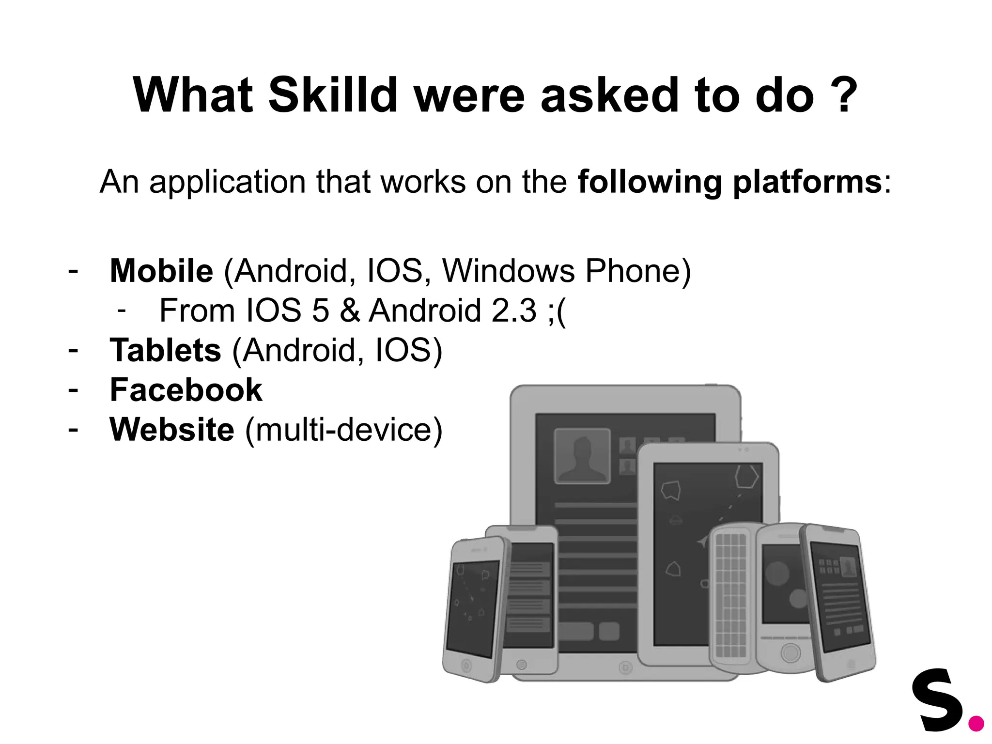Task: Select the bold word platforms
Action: coord(807,182)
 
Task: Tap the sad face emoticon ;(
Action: coord(557,311)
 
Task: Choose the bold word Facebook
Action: coord(186,390)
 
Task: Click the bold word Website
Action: coord(172,430)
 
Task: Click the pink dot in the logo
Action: coord(976,724)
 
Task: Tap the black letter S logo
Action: coord(938,700)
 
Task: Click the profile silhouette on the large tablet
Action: coord(582,456)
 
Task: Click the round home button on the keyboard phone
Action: coord(790,652)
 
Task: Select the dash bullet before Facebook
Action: coord(73,390)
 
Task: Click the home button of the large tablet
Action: coord(625,668)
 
